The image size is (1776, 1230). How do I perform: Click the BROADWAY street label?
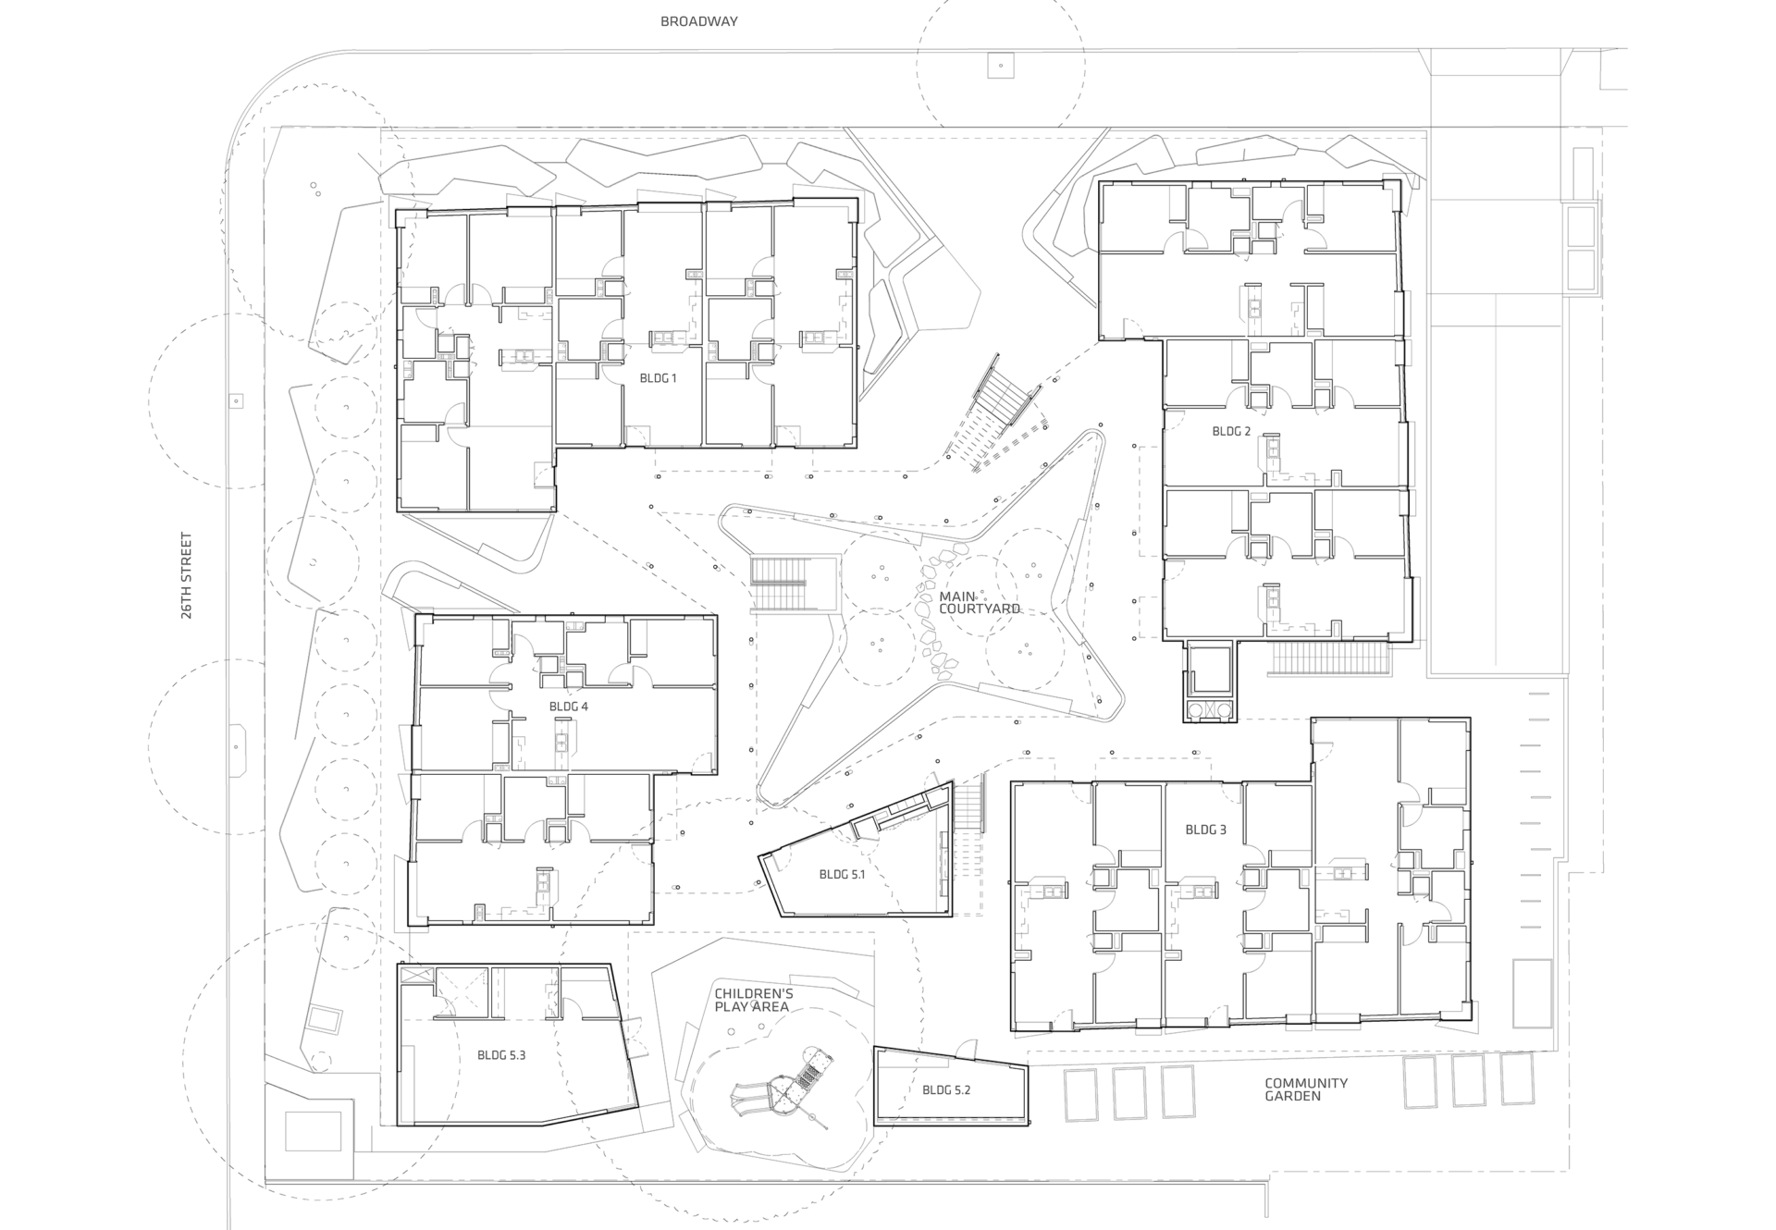698,21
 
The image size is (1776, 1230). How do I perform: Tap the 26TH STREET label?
187,574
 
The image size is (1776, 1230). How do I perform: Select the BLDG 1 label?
658,378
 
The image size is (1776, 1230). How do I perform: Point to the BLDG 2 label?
1230,432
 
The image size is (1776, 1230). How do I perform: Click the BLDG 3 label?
1205,830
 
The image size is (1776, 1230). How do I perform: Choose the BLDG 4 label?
568,707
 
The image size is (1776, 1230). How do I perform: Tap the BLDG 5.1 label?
842,874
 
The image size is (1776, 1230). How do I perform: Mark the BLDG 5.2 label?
945,1090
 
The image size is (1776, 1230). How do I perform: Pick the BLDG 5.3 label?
501,1054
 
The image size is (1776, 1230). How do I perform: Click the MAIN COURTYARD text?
979,603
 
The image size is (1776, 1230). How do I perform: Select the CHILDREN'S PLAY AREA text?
753,1000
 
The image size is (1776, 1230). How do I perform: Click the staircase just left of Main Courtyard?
779,584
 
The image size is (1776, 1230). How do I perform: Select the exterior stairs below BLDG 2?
1331,658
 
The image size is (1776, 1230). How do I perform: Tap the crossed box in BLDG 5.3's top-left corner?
416,977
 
